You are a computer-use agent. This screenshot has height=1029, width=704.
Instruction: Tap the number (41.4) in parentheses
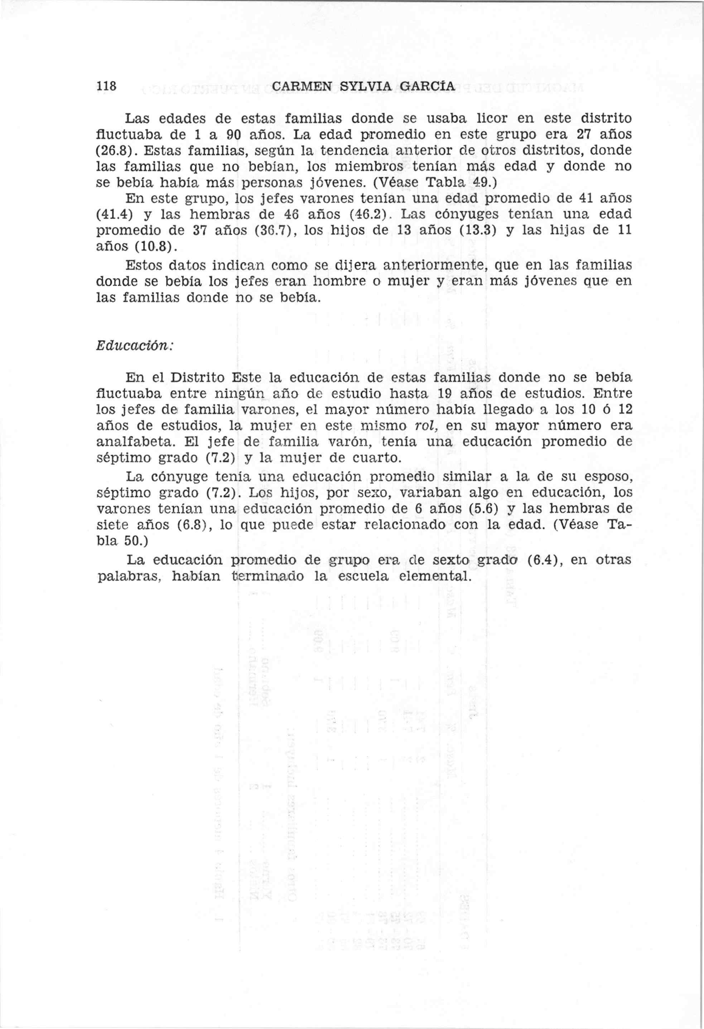pos(115,214)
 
